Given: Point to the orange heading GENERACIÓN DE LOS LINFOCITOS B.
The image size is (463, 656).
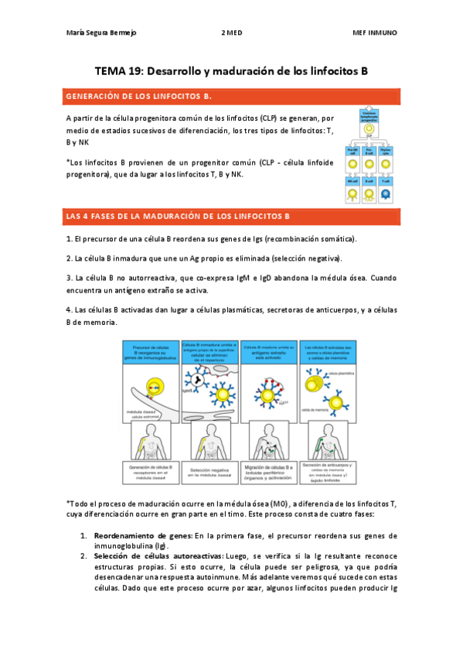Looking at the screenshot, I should click(139, 97).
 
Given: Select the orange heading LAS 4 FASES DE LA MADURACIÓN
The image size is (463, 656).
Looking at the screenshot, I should click(178, 215).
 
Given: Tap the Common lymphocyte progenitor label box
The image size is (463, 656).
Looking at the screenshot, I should click(369, 116).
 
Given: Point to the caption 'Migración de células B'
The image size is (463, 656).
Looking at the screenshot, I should click(271, 472).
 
